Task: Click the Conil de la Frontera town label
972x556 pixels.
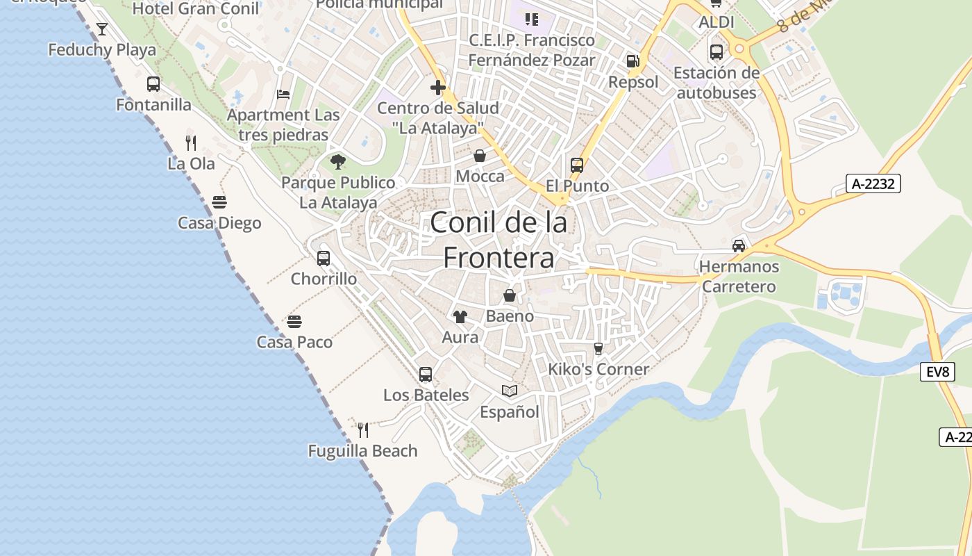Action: click(498, 240)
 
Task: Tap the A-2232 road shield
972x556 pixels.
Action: click(873, 183)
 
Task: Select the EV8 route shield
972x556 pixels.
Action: click(937, 372)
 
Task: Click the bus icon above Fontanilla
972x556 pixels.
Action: click(153, 84)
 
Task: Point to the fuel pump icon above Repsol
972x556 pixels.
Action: click(632, 61)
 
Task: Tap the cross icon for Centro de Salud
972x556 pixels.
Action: click(437, 88)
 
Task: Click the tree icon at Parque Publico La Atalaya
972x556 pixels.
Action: click(338, 162)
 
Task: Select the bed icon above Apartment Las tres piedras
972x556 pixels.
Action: click(283, 94)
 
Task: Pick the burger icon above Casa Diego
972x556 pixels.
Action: click(219, 202)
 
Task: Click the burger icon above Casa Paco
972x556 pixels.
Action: click(294, 322)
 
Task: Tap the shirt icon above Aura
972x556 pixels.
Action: click(460, 317)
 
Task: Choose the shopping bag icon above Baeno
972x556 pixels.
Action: click(510, 295)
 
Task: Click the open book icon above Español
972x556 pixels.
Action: click(510, 391)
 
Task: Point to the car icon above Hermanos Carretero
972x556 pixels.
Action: click(739, 245)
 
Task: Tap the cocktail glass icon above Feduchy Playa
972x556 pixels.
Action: click(102, 29)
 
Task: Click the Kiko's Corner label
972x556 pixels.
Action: click(598, 369)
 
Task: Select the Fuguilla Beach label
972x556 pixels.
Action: click(362, 451)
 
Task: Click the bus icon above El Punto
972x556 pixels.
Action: click(577, 165)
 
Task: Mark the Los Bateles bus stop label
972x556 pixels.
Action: click(426, 395)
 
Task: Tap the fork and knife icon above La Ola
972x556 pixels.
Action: click(191, 143)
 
